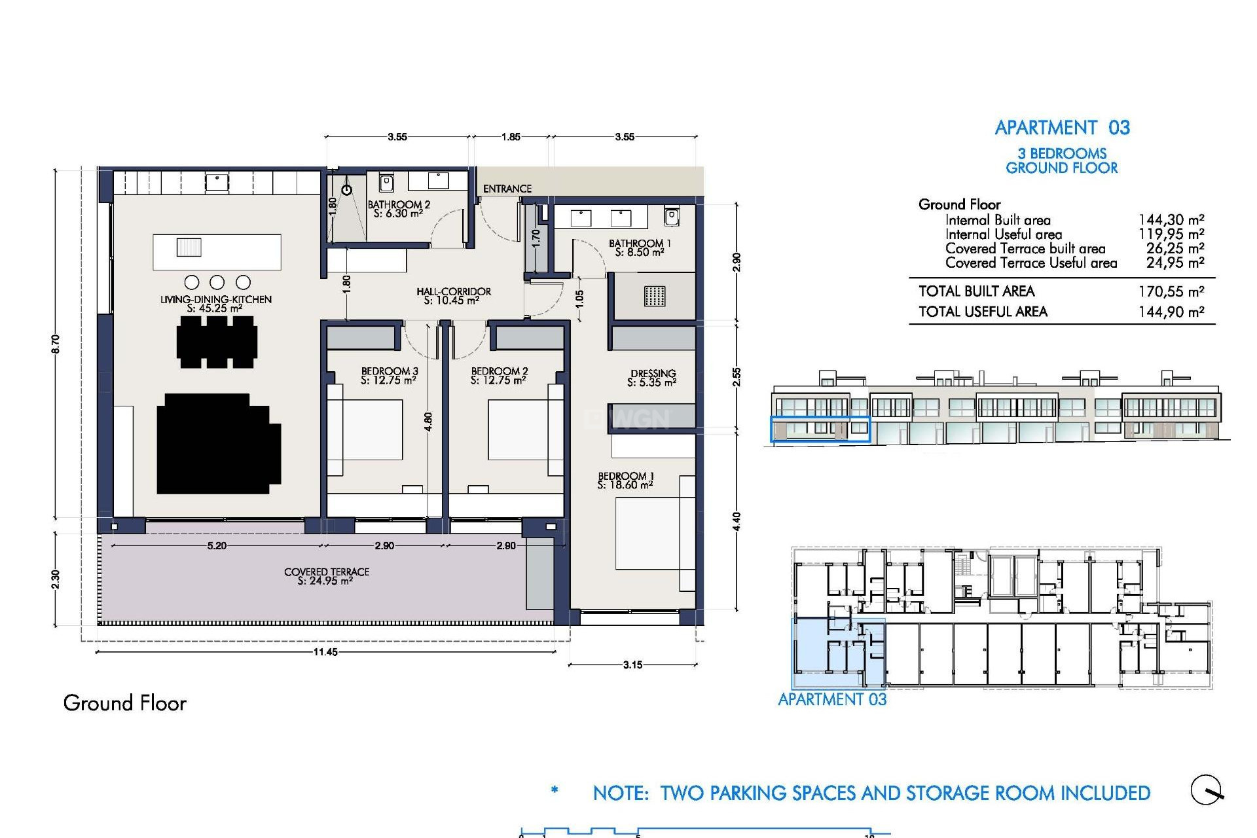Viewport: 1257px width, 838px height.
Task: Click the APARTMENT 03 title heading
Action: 1062,128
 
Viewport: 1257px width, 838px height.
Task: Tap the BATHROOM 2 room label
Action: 398,209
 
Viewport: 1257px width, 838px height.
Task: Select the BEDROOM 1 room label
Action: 625,481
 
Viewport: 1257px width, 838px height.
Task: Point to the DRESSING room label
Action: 652,378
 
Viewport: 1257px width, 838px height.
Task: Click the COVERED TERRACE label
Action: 326,576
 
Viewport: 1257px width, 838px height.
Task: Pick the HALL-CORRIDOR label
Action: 453,296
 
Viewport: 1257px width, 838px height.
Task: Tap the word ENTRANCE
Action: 507,189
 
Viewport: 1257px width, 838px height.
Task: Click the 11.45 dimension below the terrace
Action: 325,652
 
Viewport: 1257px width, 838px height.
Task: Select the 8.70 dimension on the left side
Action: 56,344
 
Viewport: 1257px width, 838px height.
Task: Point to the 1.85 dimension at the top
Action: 511,137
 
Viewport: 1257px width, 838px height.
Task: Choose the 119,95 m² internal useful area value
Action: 1171,234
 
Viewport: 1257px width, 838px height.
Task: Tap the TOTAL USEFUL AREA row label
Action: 983,312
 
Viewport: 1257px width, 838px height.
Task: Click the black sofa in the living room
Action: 218,444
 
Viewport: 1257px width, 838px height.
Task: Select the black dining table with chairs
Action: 217,342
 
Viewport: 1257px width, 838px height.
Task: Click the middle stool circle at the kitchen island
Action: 217,282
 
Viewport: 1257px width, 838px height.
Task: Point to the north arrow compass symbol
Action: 1207,790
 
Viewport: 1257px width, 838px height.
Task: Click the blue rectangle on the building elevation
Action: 820,429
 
